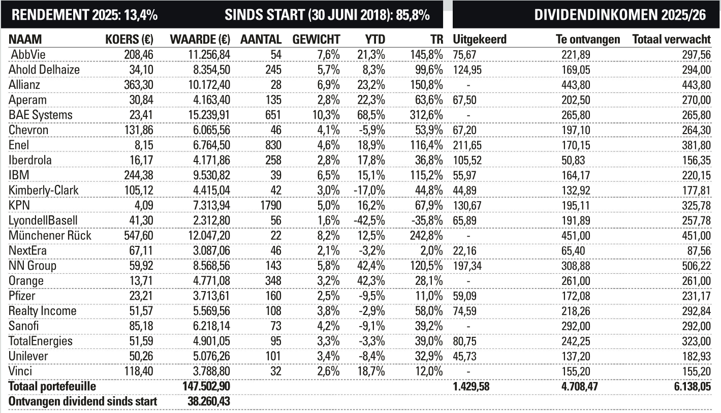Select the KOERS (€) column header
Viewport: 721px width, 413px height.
click(129, 40)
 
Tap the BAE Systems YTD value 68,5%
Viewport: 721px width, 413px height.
click(371, 115)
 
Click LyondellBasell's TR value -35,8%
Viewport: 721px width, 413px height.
click(426, 220)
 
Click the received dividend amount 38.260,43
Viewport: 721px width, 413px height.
click(207, 401)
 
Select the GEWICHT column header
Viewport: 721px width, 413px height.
click(316, 40)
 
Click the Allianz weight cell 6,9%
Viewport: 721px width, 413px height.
click(328, 85)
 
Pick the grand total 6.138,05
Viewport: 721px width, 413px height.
click(688, 387)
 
